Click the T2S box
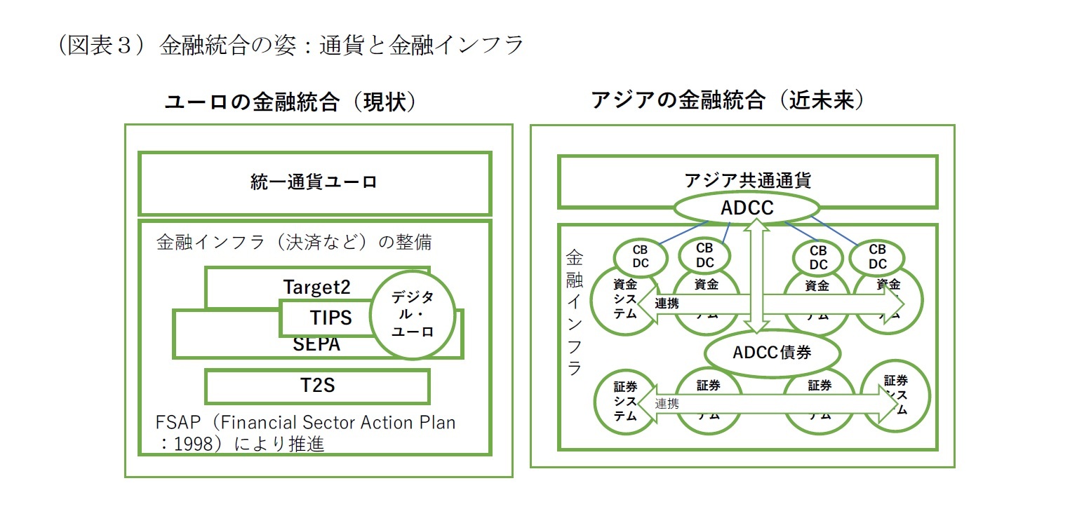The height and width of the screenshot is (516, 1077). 317,386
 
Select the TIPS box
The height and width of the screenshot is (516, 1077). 330,318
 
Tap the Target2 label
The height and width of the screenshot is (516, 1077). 316,287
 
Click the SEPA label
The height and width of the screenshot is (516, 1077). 316,345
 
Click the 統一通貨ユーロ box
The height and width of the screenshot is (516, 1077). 314,183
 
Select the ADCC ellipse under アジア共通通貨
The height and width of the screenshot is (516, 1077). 747,208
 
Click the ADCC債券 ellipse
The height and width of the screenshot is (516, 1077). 772,353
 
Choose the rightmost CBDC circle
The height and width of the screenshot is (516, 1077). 877,257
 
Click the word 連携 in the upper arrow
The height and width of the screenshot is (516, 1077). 667,304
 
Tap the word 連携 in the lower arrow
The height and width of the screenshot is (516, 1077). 667,404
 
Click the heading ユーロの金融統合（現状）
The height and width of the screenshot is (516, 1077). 290,102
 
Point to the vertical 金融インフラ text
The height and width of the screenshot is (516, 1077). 574,311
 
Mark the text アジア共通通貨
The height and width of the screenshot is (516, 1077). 747,180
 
